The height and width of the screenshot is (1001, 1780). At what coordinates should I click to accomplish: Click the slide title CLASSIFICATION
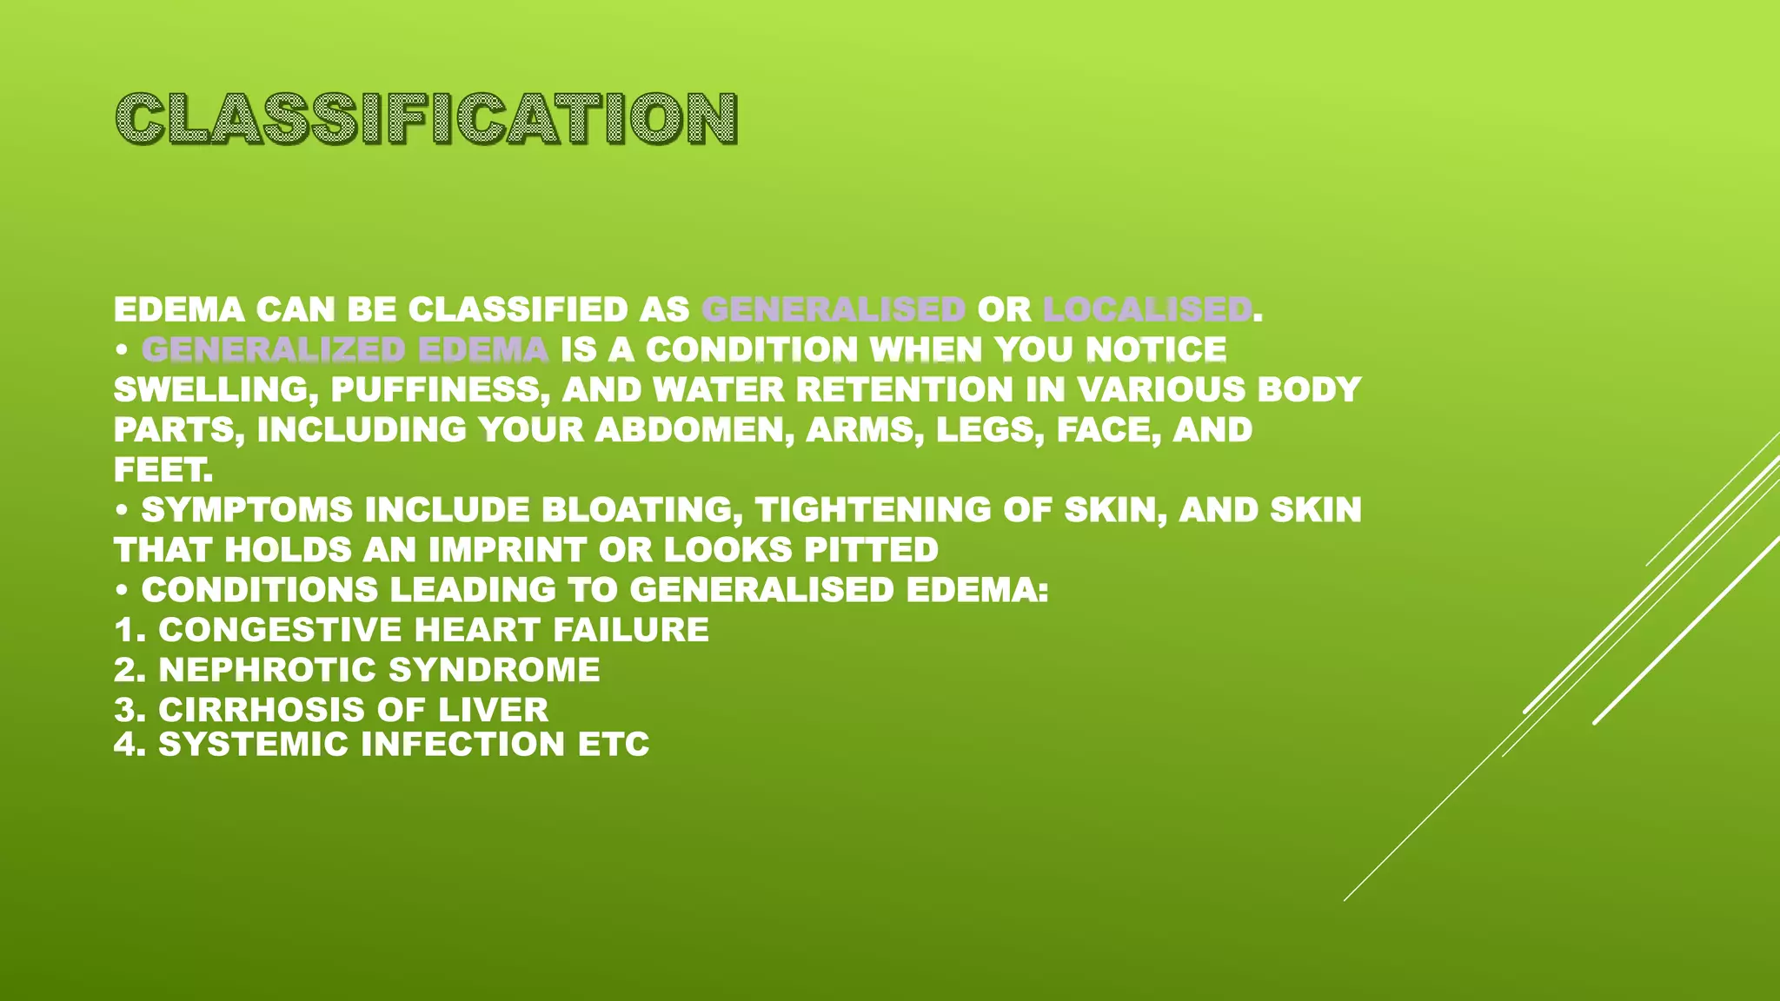click(x=426, y=118)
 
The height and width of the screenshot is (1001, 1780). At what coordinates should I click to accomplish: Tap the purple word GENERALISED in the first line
click(x=834, y=309)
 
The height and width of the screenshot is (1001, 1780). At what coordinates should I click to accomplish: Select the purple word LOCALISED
click(x=1147, y=309)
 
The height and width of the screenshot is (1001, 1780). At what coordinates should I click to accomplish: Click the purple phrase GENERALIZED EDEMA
click(x=345, y=349)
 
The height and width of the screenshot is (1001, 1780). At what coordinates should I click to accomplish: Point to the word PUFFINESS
click(x=440, y=389)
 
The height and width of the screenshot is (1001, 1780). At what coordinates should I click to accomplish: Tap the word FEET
click(x=163, y=469)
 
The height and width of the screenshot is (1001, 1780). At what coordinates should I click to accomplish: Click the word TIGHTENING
click(x=873, y=509)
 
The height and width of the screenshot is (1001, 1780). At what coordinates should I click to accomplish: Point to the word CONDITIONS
click(x=260, y=589)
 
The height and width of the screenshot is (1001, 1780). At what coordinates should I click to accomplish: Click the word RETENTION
click(x=904, y=389)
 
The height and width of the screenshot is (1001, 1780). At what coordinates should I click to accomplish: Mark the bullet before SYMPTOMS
click(x=123, y=511)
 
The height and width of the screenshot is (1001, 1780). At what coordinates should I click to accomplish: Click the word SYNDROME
click(x=494, y=669)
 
